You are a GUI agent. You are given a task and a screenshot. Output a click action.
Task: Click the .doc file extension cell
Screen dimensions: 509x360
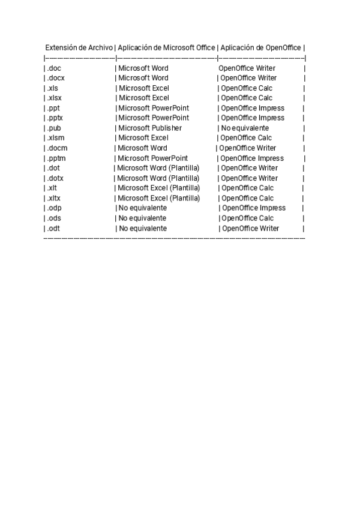click(x=54, y=68)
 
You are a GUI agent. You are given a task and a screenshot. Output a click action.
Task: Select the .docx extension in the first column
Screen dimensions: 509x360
click(x=56, y=78)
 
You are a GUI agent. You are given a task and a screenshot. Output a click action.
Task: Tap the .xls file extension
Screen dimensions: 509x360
click(x=53, y=88)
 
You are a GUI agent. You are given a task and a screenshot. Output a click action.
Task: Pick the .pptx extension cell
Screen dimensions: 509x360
click(x=55, y=118)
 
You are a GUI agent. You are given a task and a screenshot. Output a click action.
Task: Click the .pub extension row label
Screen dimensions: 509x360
click(x=54, y=128)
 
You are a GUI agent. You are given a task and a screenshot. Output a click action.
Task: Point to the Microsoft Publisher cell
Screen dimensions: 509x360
click(x=149, y=128)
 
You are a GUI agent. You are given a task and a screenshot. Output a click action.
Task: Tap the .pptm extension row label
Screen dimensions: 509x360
click(x=56, y=158)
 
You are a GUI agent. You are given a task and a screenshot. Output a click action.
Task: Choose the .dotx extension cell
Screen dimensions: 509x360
click(x=55, y=178)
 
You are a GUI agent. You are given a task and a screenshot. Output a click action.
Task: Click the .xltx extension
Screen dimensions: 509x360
click(x=54, y=198)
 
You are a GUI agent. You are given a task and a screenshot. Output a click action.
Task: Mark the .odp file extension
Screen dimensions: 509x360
click(x=54, y=208)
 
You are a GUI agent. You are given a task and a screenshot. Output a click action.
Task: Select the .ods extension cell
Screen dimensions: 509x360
click(x=54, y=218)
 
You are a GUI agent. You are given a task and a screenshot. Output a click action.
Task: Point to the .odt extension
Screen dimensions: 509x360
click(x=53, y=229)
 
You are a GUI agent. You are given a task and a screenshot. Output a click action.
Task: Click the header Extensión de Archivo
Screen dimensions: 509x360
click(x=79, y=48)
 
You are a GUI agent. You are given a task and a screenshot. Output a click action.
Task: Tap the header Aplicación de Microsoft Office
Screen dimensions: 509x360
click(x=166, y=48)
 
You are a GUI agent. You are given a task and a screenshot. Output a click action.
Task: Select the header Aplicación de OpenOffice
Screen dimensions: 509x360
click(x=260, y=48)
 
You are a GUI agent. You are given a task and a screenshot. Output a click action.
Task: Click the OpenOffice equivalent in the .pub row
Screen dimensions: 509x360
click(x=245, y=128)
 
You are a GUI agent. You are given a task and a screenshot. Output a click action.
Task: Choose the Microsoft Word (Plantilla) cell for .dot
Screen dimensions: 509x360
click(x=158, y=168)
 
